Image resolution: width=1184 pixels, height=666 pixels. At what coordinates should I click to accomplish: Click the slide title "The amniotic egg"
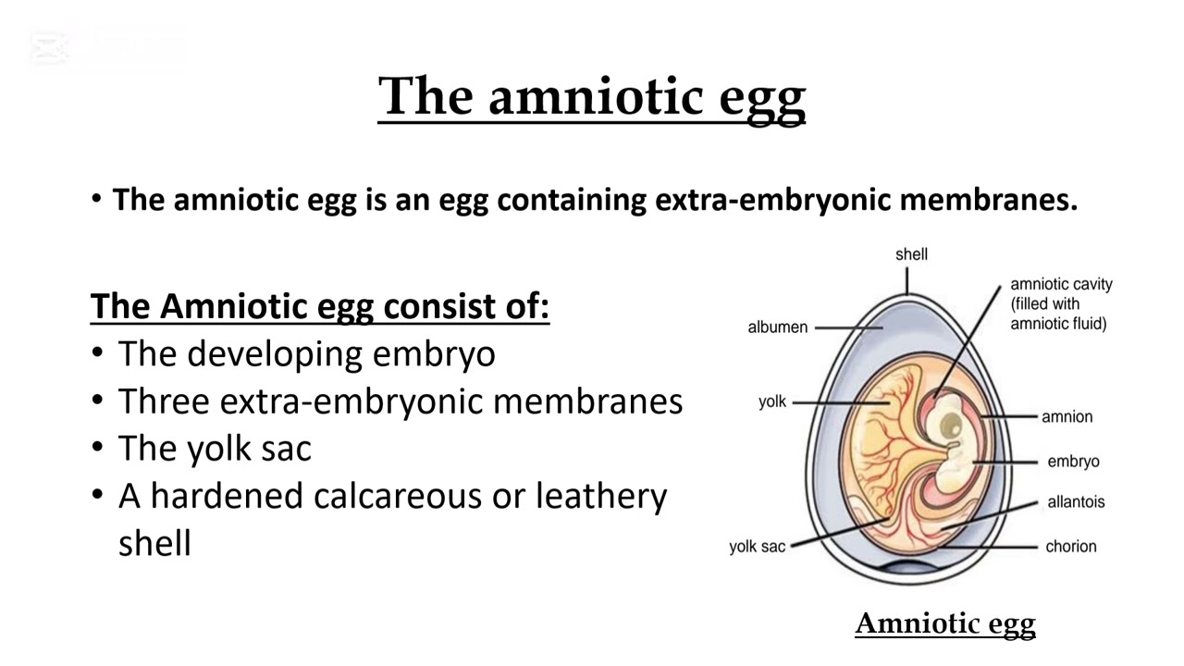click(592, 96)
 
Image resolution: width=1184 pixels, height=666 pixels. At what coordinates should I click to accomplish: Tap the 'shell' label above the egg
click(911, 254)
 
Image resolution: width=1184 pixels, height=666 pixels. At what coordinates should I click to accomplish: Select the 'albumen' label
click(777, 327)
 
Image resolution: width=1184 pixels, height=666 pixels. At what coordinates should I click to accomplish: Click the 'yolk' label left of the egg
click(772, 402)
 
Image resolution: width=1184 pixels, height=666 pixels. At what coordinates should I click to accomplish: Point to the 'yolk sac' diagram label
click(757, 547)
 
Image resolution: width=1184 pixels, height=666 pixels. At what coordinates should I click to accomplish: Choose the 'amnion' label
click(1067, 417)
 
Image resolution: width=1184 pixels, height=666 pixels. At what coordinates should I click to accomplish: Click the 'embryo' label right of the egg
click(1073, 462)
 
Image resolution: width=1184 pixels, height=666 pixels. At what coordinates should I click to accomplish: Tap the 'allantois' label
click(1076, 502)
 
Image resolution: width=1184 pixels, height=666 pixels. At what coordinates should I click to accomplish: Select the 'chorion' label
click(1071, 547)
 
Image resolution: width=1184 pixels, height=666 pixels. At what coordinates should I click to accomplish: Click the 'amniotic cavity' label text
click(1061, 285)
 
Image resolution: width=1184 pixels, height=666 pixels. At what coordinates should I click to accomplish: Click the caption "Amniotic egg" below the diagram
click(944, 624)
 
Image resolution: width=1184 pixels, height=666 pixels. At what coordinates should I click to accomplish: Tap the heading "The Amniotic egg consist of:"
click(320, 306)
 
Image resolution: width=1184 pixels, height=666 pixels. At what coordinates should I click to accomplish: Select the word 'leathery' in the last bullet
click(601, 496)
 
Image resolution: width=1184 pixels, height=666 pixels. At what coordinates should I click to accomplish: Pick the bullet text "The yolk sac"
click(215, 449)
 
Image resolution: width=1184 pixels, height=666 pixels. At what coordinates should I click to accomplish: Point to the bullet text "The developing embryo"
click(306, 354)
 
